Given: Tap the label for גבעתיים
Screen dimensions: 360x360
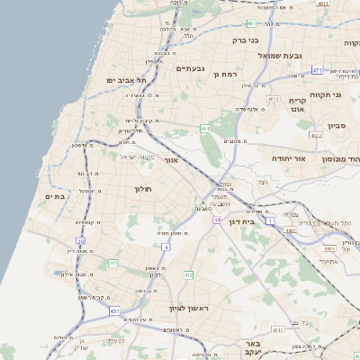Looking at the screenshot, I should [192, 68].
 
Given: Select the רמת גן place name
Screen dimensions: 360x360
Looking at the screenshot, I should [223, 73].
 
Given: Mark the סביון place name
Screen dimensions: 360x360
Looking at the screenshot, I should [337, 127].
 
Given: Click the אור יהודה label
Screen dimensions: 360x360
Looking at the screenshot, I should [289, 158].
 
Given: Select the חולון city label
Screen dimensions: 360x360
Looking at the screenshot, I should [144, 189].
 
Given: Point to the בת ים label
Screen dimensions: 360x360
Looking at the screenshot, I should [52, 196].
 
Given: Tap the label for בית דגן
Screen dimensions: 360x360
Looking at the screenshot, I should [263, 220].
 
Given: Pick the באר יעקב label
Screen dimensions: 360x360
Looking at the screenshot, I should [256, 349].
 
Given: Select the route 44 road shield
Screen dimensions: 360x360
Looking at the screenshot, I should [217, 219].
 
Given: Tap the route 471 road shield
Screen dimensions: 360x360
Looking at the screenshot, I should [317, 69].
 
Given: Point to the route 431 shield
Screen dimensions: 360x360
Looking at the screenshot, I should [115, 311].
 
